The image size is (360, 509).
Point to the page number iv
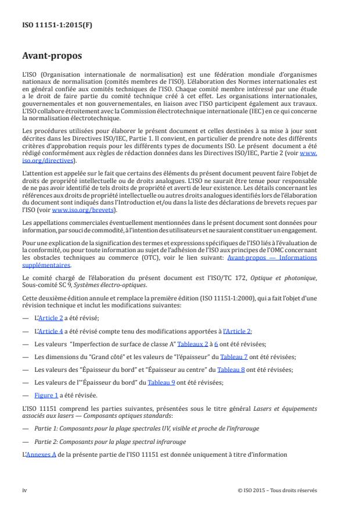coord(25,490)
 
